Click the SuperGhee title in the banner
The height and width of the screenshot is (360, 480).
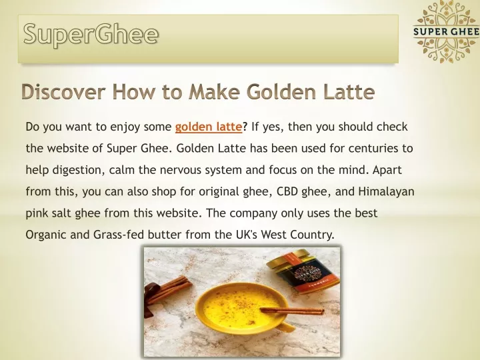point(91,35)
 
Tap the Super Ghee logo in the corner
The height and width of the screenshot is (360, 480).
point(446,31)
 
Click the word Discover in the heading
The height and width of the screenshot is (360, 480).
point(64,91)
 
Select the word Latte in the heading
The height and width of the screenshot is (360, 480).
point(349,91)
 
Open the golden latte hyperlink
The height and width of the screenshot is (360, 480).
point(209,127)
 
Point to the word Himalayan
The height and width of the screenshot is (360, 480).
point(386,191)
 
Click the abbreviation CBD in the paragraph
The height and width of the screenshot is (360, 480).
point(287,191)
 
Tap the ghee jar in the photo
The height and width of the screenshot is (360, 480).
point(303,271)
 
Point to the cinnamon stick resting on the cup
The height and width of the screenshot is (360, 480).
point(292,311)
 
